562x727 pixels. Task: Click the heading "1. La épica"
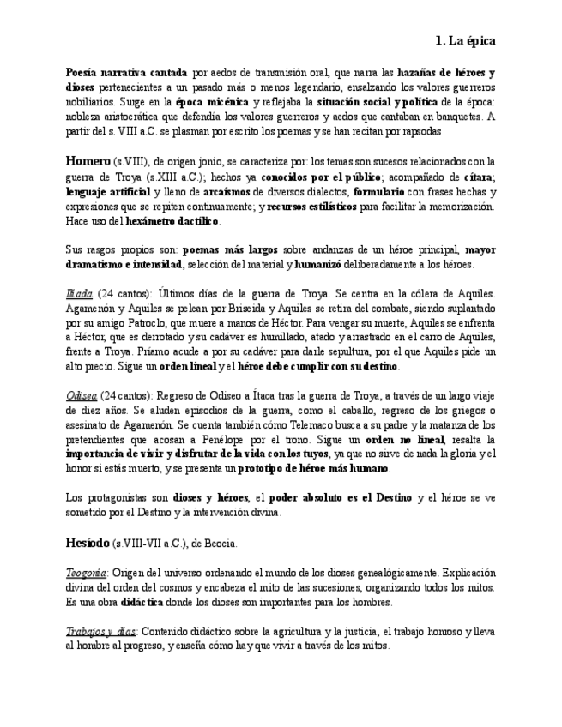coord(465,40)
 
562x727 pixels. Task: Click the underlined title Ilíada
coord(78,294)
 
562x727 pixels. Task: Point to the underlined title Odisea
coord(81,396)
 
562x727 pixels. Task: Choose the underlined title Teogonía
coord(86,573)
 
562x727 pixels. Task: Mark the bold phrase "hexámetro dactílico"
coord(172,220)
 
